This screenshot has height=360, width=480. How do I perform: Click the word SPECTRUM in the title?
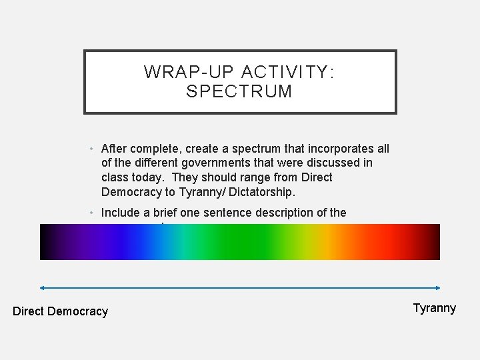coord(240,91)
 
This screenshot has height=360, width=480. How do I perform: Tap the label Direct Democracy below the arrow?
coord(60,311)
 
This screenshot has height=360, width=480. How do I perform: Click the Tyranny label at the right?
coord(435,307)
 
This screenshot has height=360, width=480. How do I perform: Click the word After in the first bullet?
coord(113,148)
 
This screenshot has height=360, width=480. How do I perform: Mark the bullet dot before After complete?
coord(92,148)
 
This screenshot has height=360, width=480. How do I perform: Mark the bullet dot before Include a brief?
coord(92,212)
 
